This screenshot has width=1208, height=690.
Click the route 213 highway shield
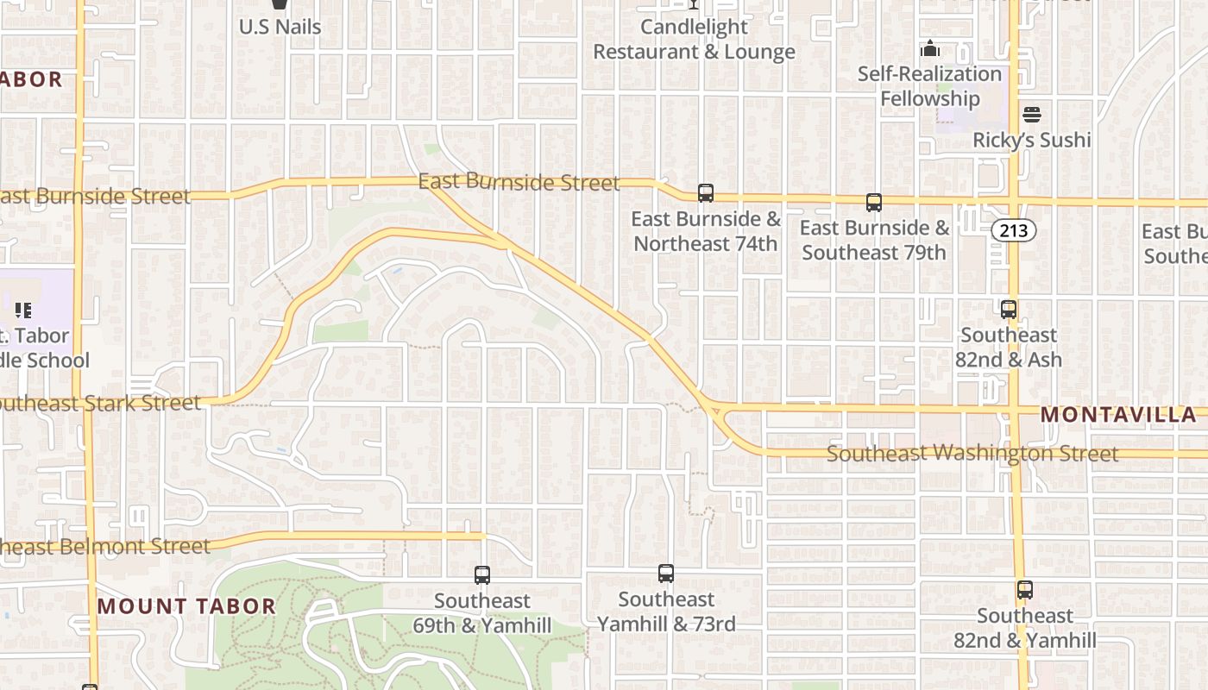[1013, 230]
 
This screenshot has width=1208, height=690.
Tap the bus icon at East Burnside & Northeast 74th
[706, 193]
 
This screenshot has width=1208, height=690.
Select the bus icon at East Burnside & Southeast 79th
[874, 203]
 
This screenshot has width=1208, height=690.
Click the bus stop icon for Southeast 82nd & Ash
[1009, 310]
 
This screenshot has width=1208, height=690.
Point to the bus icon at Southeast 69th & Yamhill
[482, 575]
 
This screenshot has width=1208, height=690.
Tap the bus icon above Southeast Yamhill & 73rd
[666, 574]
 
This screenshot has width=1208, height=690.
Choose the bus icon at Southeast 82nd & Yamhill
[1025, 591]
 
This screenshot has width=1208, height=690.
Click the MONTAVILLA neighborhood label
[1118, 415]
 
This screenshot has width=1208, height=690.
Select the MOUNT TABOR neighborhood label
[186, 606]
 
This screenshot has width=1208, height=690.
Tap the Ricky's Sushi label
[1032, 140]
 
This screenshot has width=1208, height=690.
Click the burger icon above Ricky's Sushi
[1032, 115]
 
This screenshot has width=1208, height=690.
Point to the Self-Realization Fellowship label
[929, 86]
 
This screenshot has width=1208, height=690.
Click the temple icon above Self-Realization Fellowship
[930, 48]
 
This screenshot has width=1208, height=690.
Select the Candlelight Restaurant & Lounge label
[694, 39]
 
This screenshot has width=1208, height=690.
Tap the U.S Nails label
[280, 27]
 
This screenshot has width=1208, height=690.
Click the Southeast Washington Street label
[972, 453]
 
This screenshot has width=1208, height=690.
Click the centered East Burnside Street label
[519, 182]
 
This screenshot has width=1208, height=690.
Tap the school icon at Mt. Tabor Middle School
[23, 310]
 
